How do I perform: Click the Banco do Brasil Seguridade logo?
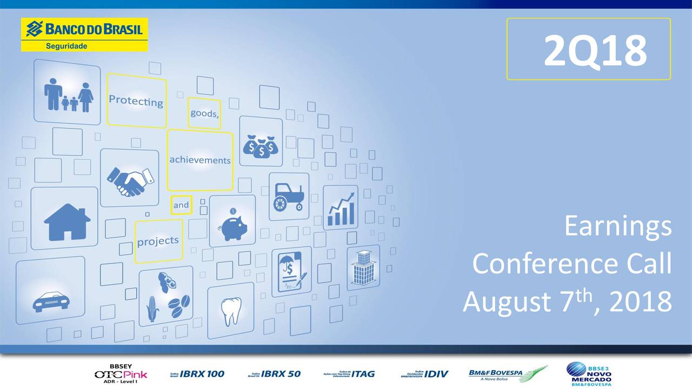(x=84, y=34)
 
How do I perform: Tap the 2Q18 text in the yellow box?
(x=595, y=50)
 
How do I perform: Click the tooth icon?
(x=231, y=311)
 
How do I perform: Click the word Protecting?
(x=136, y=100)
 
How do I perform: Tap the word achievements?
(x=199, y=160)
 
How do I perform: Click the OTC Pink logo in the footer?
(x=121, y=373)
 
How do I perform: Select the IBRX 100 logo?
(x=197, y=373)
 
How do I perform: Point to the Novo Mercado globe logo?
(x=576, y=370)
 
